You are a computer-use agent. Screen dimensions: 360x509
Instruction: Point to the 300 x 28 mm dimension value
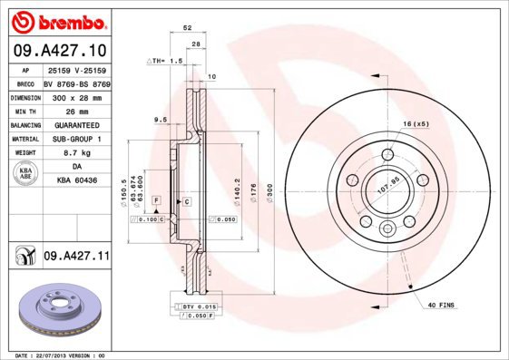pyautogui.click(x=76, y=96)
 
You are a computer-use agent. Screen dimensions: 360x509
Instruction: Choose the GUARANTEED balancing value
pyautogui.click(x=76, y=125)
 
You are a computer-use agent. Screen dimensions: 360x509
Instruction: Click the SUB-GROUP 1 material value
pyautogui.click(x=76, y=140)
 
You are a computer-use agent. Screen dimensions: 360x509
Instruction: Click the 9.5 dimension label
pyautogui.click(x=161, y=119)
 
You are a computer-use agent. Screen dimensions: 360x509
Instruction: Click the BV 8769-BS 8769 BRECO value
pyautogui.click(x=76, y=82)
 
